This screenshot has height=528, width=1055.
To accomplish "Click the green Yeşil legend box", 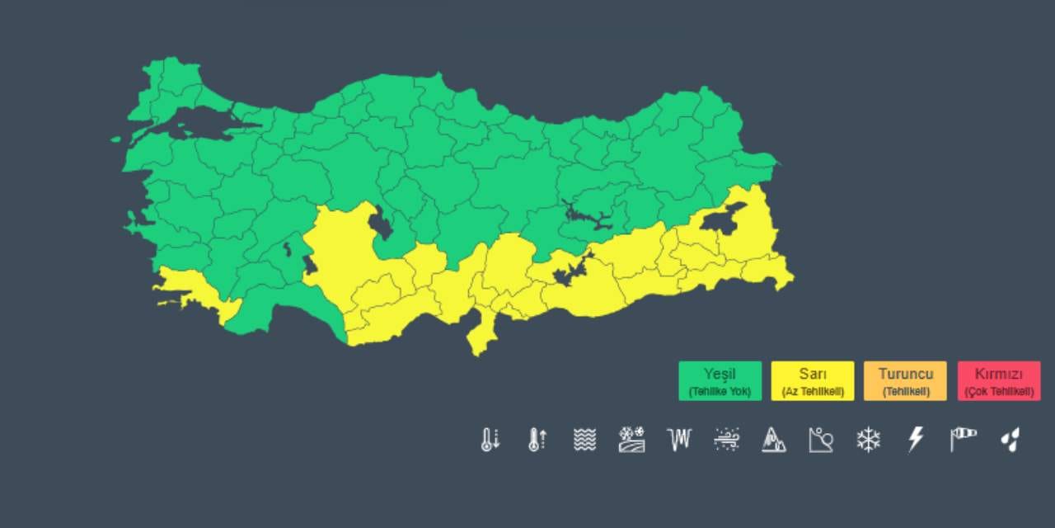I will click(x=720, y=380).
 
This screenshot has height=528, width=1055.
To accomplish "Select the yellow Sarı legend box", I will click(x=813, y=380).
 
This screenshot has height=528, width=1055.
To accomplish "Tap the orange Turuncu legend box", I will click(x=905, y=380).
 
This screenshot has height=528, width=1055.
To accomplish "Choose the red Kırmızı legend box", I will click(x=999, y=380).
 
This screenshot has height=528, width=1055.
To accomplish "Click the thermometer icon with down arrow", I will click(x=490, y=439).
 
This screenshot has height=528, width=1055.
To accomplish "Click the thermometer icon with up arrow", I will click(x=537, y=439).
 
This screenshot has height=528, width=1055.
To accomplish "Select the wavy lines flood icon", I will click(x=584, y=439).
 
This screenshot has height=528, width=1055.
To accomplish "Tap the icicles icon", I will click(x=679, y=439).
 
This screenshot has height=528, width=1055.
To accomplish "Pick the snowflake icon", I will click(x=868, y=439).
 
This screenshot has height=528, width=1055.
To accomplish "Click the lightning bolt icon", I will click(x=915, y=439).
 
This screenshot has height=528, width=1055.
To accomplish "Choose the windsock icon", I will click(x=963, y=439).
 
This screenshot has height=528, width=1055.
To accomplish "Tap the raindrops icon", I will click(x=1010, y=439).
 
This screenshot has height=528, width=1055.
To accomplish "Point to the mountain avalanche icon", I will click(x=773, y=439).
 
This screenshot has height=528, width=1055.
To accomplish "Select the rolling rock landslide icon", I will click(x=821, y=439).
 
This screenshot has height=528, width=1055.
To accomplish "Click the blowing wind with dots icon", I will click(x=726, y=439).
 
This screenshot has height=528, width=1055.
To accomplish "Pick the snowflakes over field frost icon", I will click(x=631, y=439).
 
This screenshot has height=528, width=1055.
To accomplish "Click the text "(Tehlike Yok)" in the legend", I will click(x=720, y=392).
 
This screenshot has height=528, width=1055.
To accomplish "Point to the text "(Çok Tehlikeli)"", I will click(x=999, y=392).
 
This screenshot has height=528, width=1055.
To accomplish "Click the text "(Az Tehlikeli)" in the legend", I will click(x=813, y=392).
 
